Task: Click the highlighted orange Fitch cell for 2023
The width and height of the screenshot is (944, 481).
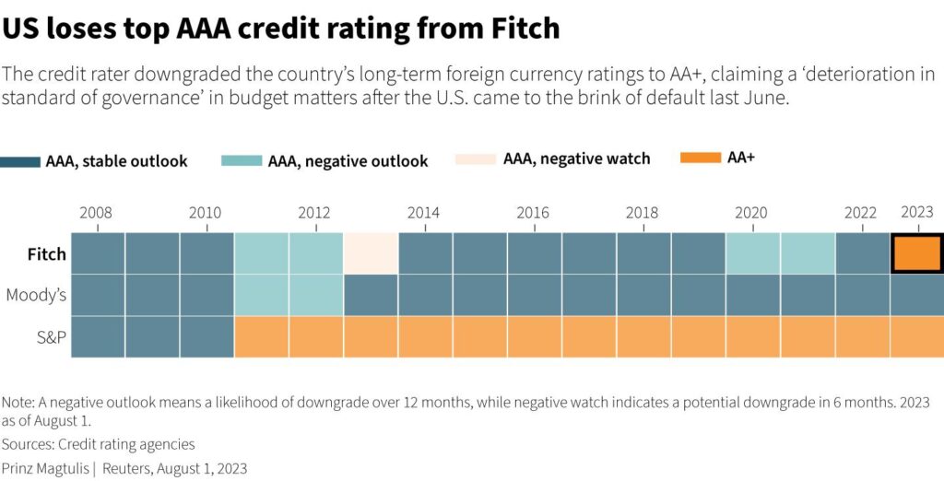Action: click(917, 253)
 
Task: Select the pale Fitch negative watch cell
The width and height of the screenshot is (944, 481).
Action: click(372, 253)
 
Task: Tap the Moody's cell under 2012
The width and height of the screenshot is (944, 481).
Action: click(316, 295)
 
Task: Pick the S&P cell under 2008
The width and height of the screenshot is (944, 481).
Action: click(98, 336)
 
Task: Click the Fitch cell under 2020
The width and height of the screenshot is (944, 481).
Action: click(752, 253)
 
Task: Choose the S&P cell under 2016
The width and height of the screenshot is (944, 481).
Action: click(535, 336)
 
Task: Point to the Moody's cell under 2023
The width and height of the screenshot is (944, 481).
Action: click(917, 295)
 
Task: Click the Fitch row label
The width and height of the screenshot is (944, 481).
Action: click(47, 254)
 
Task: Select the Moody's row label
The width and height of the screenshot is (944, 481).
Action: click(36, 296)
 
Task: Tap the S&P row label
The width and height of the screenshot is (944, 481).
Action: click(50, 337)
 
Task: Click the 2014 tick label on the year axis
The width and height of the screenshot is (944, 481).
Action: click(423, 213)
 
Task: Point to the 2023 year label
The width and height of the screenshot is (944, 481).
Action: click(917, 212)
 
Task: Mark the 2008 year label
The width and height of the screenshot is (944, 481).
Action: click(96, 213)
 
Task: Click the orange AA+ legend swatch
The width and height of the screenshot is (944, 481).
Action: click(700, 158)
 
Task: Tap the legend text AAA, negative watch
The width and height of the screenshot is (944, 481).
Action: click(576, 158)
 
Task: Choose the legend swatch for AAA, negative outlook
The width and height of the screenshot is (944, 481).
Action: click(242, 161)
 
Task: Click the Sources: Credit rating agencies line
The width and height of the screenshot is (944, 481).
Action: click(99, 444)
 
